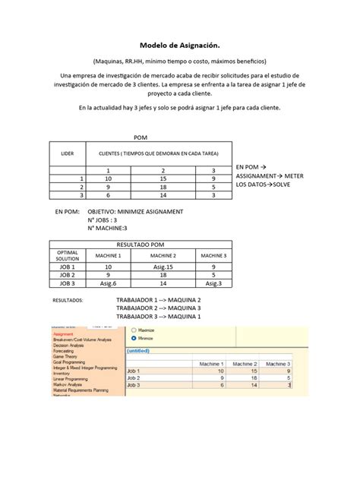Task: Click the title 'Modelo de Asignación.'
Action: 180,45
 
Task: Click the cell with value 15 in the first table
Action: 162,177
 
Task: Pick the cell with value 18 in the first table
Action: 162,186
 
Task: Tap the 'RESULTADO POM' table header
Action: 141,244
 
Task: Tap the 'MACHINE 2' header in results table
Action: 163,257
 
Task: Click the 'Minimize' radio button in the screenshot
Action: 134,339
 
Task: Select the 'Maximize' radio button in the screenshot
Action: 134,330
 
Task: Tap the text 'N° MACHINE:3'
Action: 107,227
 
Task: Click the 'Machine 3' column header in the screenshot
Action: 277,365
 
